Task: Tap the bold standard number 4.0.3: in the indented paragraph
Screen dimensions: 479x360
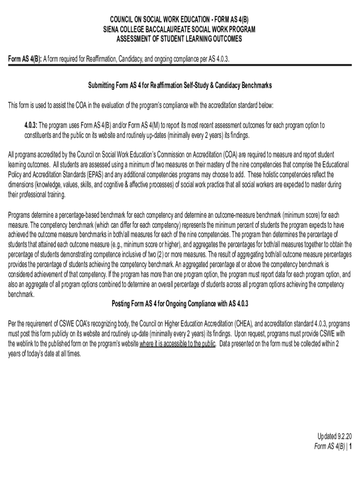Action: [x=31, y=125]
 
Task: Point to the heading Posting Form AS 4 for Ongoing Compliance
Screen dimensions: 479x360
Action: [x=180, y=304]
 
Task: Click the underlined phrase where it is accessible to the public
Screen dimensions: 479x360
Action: [x=178, y=344]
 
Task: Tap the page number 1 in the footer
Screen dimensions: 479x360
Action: [x=350, y=446]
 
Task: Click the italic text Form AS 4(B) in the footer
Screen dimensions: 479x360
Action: [x=329, y=446]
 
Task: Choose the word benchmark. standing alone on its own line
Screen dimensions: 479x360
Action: [x=22, y=295]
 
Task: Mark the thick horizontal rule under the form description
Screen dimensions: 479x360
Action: [x=180, y=65]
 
